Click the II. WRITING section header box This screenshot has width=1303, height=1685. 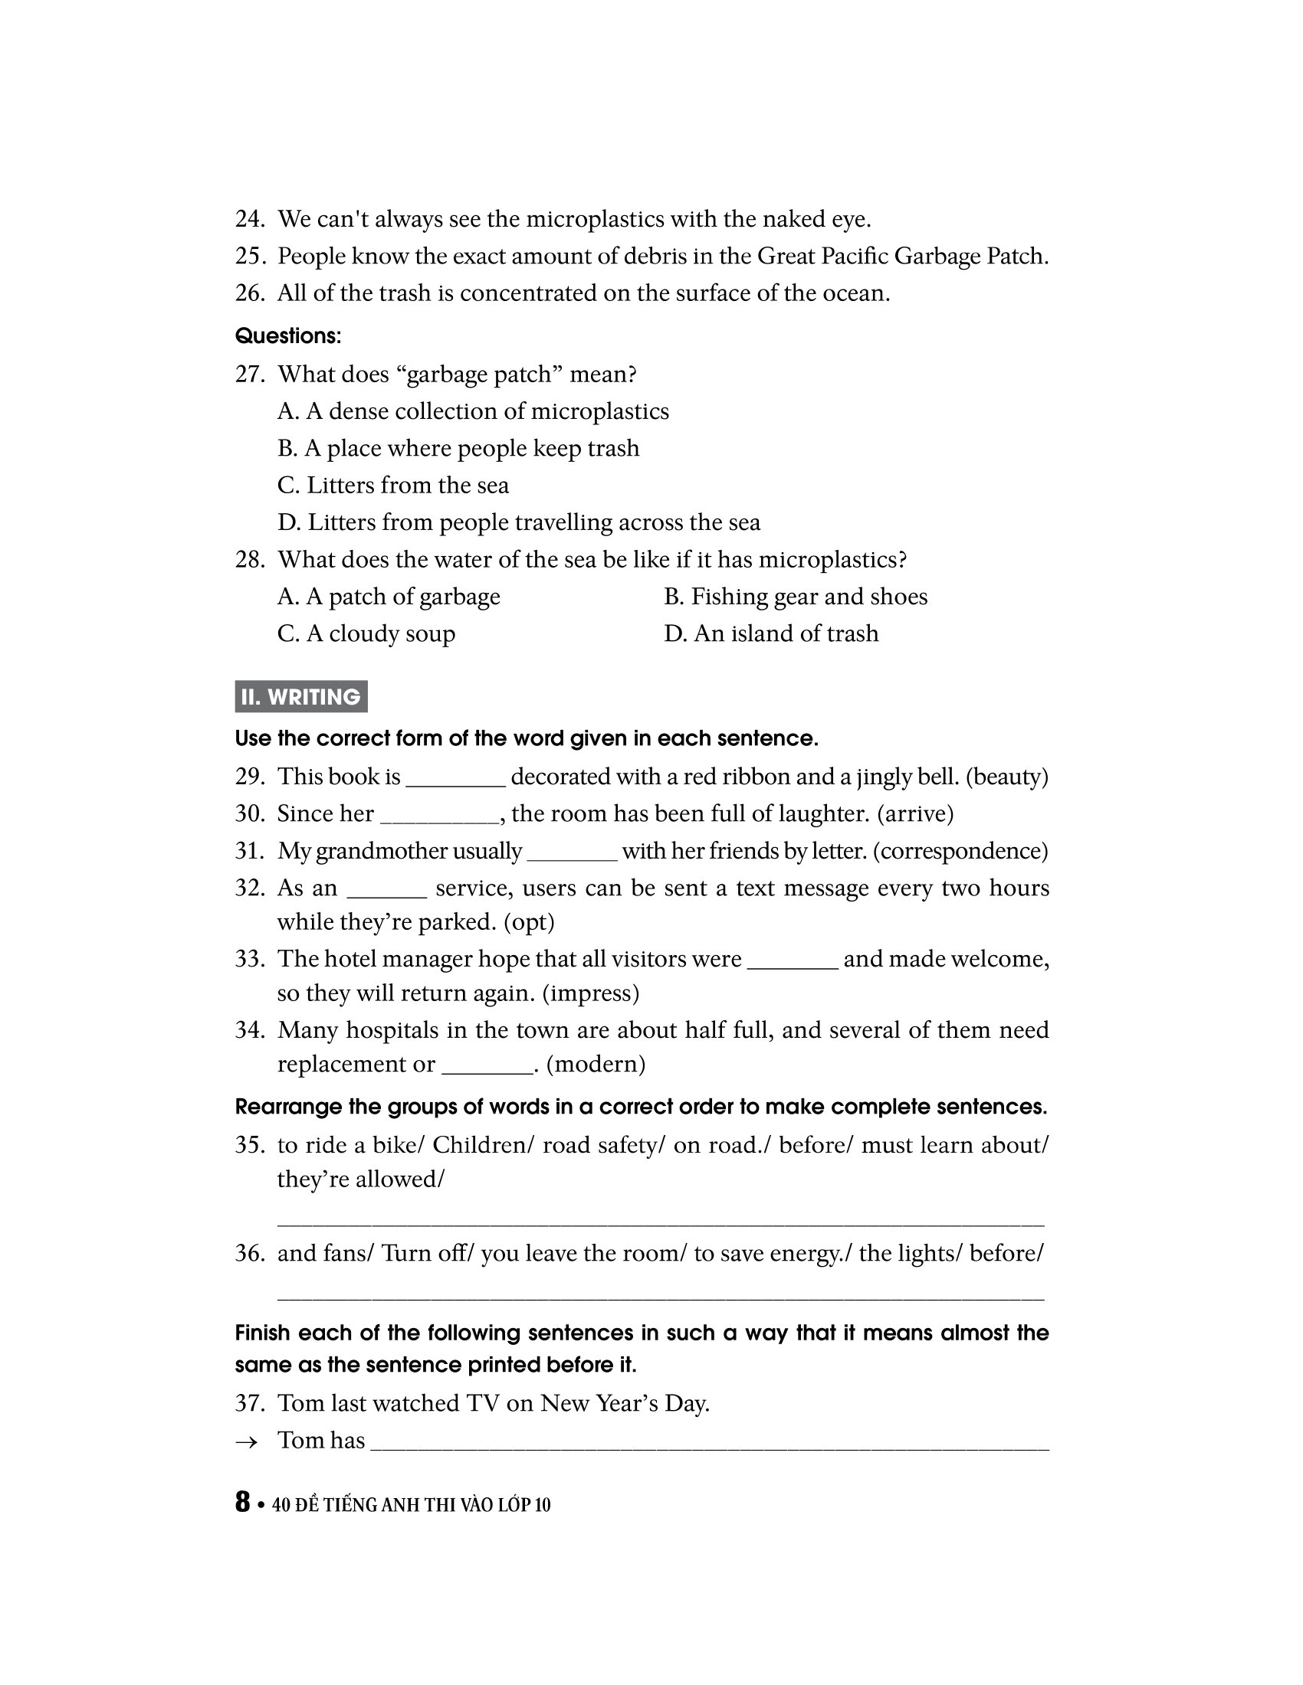point(301,697)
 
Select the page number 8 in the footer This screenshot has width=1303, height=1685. point(242,1502)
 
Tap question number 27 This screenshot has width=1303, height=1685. point(249,375)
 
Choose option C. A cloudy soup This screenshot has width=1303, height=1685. point(366,633)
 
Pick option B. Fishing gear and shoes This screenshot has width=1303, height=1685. point(795,597)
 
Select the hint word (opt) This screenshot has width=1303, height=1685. point(529,922)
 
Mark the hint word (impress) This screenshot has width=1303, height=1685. point(590,993)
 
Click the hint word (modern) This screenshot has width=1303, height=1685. point(595,1064)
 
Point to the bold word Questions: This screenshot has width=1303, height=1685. point(288,336)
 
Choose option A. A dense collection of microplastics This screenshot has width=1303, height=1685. point(472,411)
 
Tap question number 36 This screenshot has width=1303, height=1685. point(249,1253)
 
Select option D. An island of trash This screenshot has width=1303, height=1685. point(770,633)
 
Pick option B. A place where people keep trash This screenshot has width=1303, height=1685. point(458,448)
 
